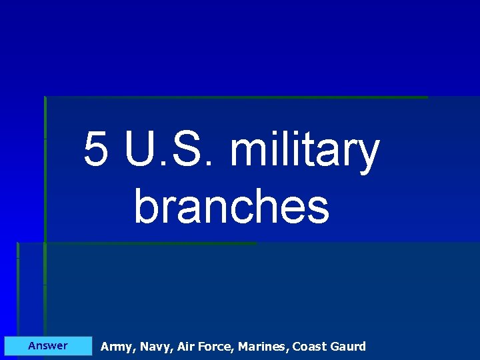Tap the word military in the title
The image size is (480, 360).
tap(304, 152)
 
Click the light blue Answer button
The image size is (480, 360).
tap(48, 345)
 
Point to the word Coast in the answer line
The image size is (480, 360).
tap(309, 346)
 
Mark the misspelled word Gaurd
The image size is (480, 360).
tap(348, 346)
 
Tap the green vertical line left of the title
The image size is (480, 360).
tap(45, 167)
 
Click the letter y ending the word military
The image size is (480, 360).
tap(367, 156)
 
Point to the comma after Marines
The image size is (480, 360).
tap(289, 349)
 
